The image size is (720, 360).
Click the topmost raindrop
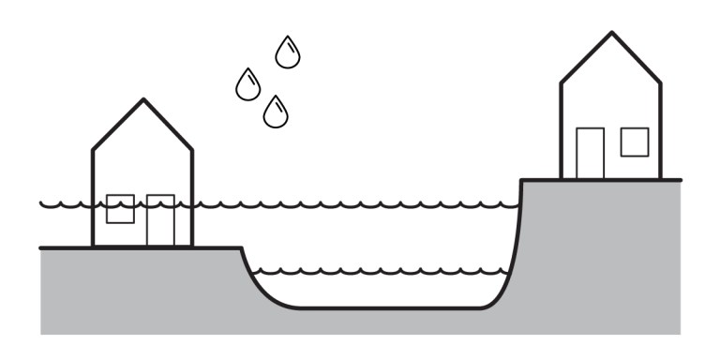[288, 53]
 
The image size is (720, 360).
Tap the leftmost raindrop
[247, 85]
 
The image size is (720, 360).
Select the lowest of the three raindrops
[275, 112]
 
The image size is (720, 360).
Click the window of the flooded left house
[120, 209]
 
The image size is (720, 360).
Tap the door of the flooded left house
[160, 221]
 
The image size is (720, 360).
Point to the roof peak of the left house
[142, 99]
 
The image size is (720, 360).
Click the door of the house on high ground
[590, 153]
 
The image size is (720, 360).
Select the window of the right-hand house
[635, 142]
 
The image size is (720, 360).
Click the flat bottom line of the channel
[384, 307]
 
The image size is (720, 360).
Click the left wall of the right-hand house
[561, 131]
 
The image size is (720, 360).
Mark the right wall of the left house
[192, 197]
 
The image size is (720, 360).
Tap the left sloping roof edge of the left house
[117, 125]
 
